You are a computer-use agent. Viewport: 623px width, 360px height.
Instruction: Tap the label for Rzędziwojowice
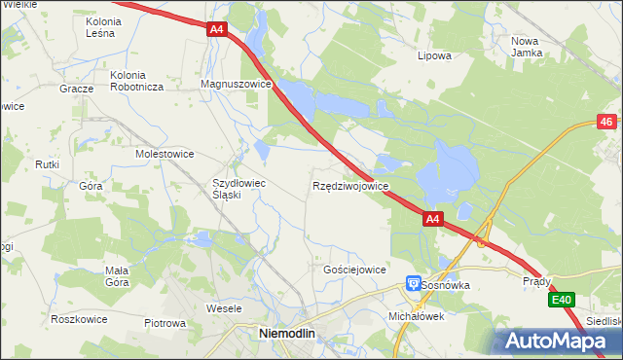[x=351, y=185]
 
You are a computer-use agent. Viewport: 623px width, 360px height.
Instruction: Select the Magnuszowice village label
[x=235, y=85]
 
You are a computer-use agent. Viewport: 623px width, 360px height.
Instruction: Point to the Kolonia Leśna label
[x=114, y=26]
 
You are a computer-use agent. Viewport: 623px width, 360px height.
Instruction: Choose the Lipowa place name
[x=434, y=55]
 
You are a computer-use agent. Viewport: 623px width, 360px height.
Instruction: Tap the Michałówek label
[x=416, y=316]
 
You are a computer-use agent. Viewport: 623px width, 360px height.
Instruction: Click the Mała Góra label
[x=117, y=276]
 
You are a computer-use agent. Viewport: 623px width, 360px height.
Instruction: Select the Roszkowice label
[x=78, y=318]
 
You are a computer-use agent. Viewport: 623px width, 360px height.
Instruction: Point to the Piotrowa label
[x=165, y=323]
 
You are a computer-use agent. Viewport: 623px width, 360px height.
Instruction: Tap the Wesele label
[x=224, y=307]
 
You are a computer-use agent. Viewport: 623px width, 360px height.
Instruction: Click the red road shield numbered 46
[x=606, y=122]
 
